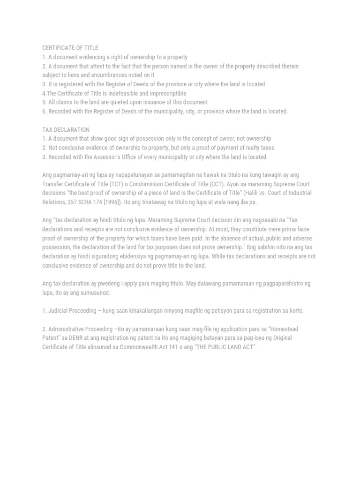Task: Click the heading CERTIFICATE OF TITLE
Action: coord(70,48)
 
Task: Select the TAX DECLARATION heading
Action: coord(66,129)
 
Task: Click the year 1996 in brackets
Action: coord(111,202)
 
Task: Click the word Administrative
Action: coord(67,329)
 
